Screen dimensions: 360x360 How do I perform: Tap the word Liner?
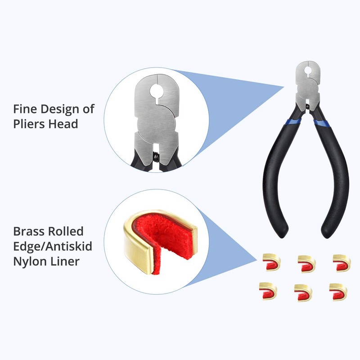(x=64, y=261)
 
